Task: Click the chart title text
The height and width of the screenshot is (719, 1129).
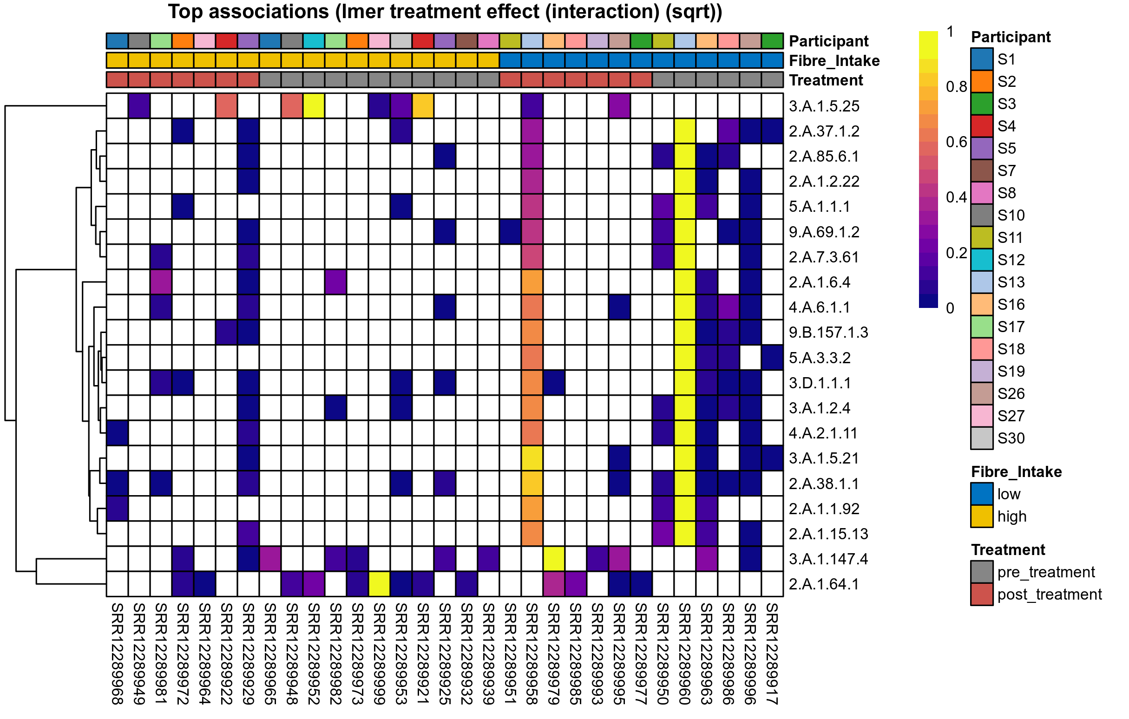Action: pyautogui.click(x=445, y=12)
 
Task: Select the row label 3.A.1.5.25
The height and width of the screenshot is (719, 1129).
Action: pyautogui.click(x=824, y=106)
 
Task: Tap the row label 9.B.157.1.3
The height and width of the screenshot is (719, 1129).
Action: pyautogui.click(x=828, y=333)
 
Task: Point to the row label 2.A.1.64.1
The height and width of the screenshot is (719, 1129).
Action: pyautogui.click(x=823, y=584)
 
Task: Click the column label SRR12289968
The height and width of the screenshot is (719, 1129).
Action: pyautogui.click(x=117, y=654)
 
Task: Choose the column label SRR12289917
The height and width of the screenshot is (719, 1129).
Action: pyautogui.click(x=772, y=654)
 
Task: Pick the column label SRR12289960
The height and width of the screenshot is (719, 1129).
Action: pyautogui.click(x=684, y=654)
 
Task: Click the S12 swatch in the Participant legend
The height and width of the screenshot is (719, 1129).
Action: pyautogui.click(x=981, y=260)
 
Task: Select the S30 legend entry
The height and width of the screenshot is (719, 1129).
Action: pyautogui.click(x=1011, y=438)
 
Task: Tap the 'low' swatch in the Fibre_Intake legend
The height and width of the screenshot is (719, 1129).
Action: pyautogui.click(x=981, y=495)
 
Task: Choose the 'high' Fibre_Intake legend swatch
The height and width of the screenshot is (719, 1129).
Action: pyautogui.click(x=981, y=516)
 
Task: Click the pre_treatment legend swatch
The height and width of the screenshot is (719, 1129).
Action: pyautogui.click(x=981, y=572)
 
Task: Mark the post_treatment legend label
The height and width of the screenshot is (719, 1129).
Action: pyautogui.click(x=1049, y=595)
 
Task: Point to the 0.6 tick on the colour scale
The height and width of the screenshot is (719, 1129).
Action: pyautogui.click(x=956, y=142)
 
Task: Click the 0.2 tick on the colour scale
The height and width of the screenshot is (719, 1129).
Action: pyautogui.click(x=956, y=253)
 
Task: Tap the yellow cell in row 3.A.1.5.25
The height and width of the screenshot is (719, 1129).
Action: pyautogui.click(x=314, y=106)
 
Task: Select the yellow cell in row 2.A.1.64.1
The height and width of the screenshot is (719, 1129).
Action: pyautogui.click(x=379, y=584)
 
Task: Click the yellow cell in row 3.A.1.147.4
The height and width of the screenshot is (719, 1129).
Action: pyautogui.click(x=554, y=559)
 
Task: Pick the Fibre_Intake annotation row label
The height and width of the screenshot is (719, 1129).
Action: pyautogui.click(x=834, y=61)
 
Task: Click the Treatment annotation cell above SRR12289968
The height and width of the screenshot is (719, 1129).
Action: pyautogui.click(x=117, y=80)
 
